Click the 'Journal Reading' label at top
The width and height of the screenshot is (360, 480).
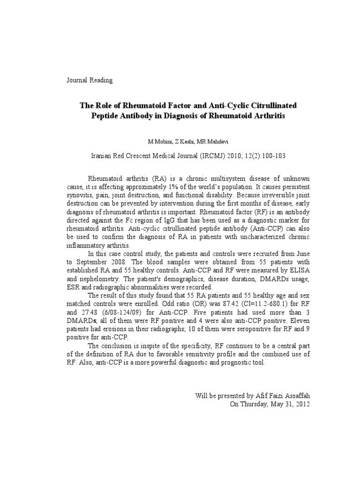90,80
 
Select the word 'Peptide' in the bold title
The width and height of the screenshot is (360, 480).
107,115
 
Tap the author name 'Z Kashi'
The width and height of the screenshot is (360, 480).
180,142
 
